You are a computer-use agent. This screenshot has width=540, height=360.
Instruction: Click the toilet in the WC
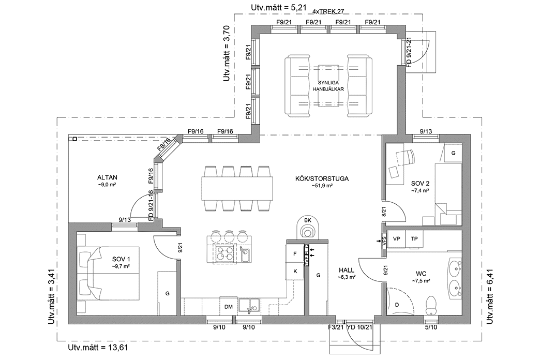[430, 304]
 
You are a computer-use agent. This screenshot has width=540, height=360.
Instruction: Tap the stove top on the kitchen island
[226, 253]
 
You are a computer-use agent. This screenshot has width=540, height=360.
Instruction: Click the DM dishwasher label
[228, 307]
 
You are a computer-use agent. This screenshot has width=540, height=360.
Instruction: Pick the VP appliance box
[397, 239]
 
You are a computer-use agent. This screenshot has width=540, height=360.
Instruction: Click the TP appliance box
[414, 239]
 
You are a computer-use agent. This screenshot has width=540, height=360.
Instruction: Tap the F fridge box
[295, 254]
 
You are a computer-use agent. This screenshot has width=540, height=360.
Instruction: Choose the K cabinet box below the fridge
[295, 271]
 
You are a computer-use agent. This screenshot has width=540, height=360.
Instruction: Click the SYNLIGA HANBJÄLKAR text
[328, 86]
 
